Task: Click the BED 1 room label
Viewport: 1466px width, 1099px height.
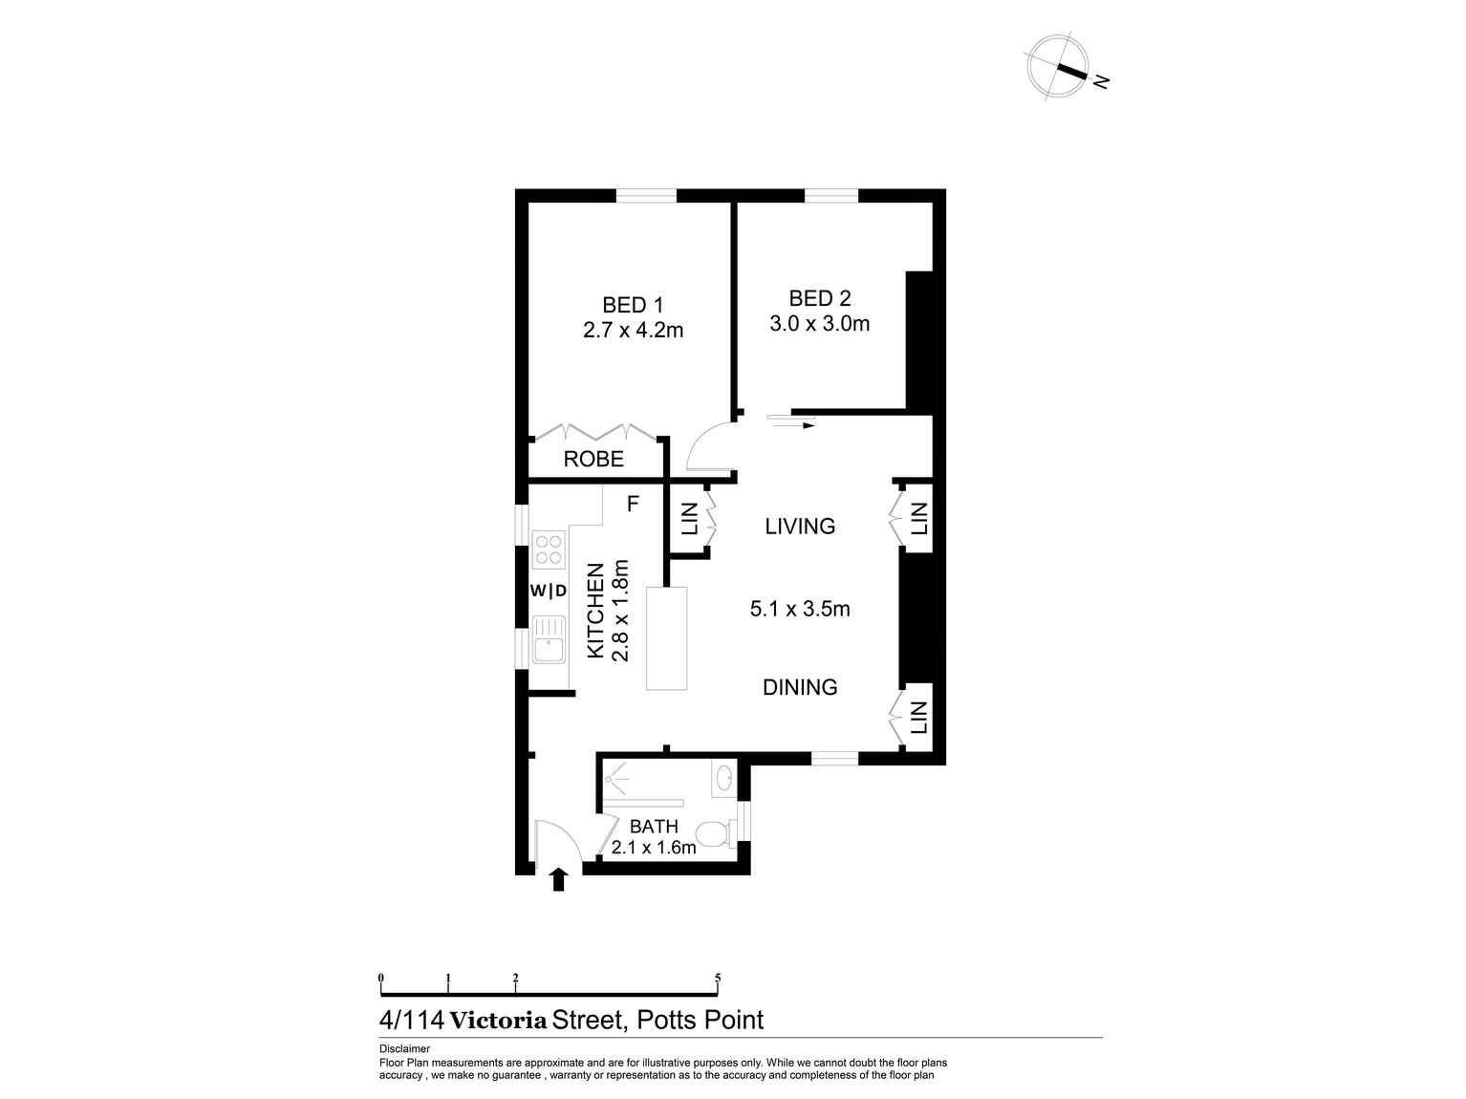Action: (632, 305)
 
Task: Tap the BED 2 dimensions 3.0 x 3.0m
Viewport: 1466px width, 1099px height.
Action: (819, 324)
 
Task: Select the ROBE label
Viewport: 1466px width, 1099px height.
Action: (593, 460)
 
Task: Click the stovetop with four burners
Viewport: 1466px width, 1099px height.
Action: (549, 549)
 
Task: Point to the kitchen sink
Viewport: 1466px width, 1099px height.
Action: (549, 639)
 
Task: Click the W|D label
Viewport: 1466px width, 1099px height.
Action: (549, 592)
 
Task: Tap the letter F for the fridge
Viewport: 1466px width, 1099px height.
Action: (632, 504)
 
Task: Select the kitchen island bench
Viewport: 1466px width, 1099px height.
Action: (667, 638)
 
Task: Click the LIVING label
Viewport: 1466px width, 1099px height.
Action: (800, 527)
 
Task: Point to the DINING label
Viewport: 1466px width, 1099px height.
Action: (800, 687)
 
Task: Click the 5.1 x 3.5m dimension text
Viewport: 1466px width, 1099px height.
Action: (800, 609)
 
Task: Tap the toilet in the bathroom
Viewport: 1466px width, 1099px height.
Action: (713, 835)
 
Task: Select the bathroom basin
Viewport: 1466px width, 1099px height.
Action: (723, 776)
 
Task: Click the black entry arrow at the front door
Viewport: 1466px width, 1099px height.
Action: (558, 879)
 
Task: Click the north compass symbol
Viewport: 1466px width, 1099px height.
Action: (1058, 66)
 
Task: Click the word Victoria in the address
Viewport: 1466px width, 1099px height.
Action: (499, 1021)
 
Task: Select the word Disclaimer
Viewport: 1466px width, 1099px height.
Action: (404, 1048)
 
